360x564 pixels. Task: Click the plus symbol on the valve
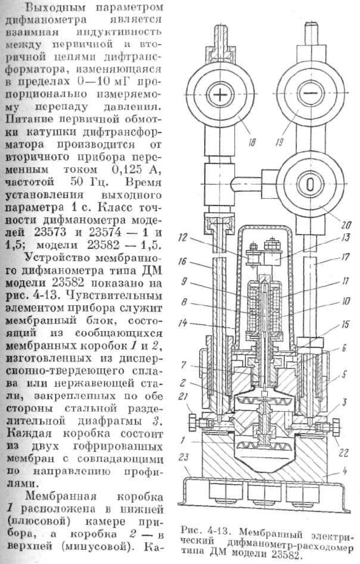coord(218,94)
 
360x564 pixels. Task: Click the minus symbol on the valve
coord(311,92)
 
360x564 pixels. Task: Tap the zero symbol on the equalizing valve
coord(310,183)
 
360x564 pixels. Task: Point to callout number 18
coord(252,142)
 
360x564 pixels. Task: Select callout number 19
coord(279,142)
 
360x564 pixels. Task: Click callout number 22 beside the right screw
coord(343,453)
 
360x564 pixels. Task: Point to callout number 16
coord(183,261)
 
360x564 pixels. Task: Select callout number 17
coord(345,257)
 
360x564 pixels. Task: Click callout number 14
coord(183,323)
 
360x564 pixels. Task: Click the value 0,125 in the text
coord(122,170)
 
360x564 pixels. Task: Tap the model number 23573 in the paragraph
coord(50,232)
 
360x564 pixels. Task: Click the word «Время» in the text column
coord(143,182)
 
